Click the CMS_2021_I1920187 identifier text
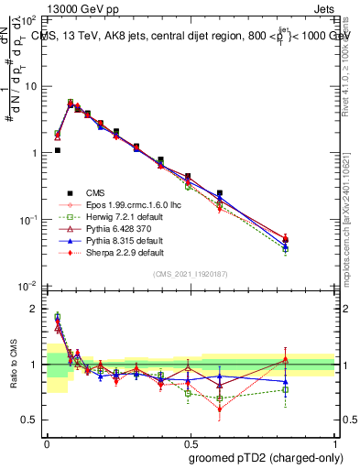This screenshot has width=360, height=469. point(191,275)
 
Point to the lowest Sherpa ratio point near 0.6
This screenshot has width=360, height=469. point(220,409)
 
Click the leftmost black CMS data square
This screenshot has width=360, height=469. point(57,150)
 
